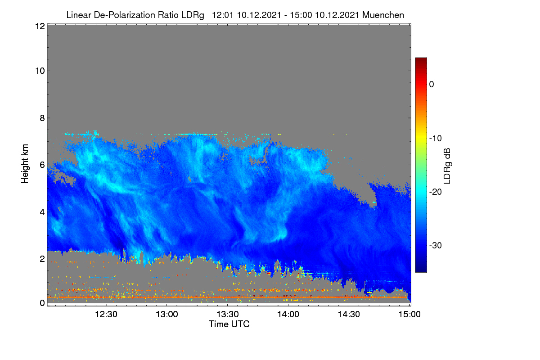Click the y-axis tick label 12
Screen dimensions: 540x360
[x=40, y=26]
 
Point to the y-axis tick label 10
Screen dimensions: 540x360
[x=40, y=71]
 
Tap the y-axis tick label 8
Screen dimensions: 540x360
[x=42, y=118]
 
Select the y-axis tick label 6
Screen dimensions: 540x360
[x=42, y=165]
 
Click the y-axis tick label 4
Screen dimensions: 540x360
[x=42, y=212]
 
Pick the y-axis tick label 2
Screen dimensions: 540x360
[x=42, y=259]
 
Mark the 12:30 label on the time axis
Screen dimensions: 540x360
[x=106, y=314]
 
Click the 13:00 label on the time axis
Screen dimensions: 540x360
[x=167, y=314]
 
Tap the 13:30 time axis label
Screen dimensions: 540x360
[x=228, y=314]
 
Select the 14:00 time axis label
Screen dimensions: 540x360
[x=288, y=314]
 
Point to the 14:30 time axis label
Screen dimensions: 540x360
[x=349, y=314]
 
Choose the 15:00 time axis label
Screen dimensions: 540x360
[x=409, y=314]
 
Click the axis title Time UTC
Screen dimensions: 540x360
[x=229, y=324]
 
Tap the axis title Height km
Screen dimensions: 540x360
[x=25, y=164]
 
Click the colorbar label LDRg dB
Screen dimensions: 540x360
[x=447, y=166]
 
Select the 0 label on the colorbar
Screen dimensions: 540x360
[x=432, y=85]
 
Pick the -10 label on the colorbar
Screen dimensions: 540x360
[x=436, y=139]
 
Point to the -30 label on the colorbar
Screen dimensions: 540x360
[x=436, y=245]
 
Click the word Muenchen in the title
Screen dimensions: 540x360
[x=383, y=15]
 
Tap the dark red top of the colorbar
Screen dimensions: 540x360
[x=421, y=60]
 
